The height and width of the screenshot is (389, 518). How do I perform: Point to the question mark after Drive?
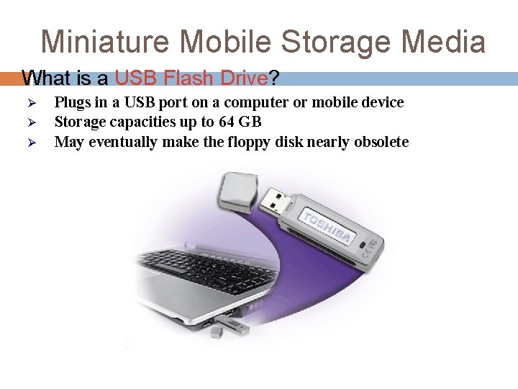[x=274, y=77]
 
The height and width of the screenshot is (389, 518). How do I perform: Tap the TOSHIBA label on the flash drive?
[x=327, y=227]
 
